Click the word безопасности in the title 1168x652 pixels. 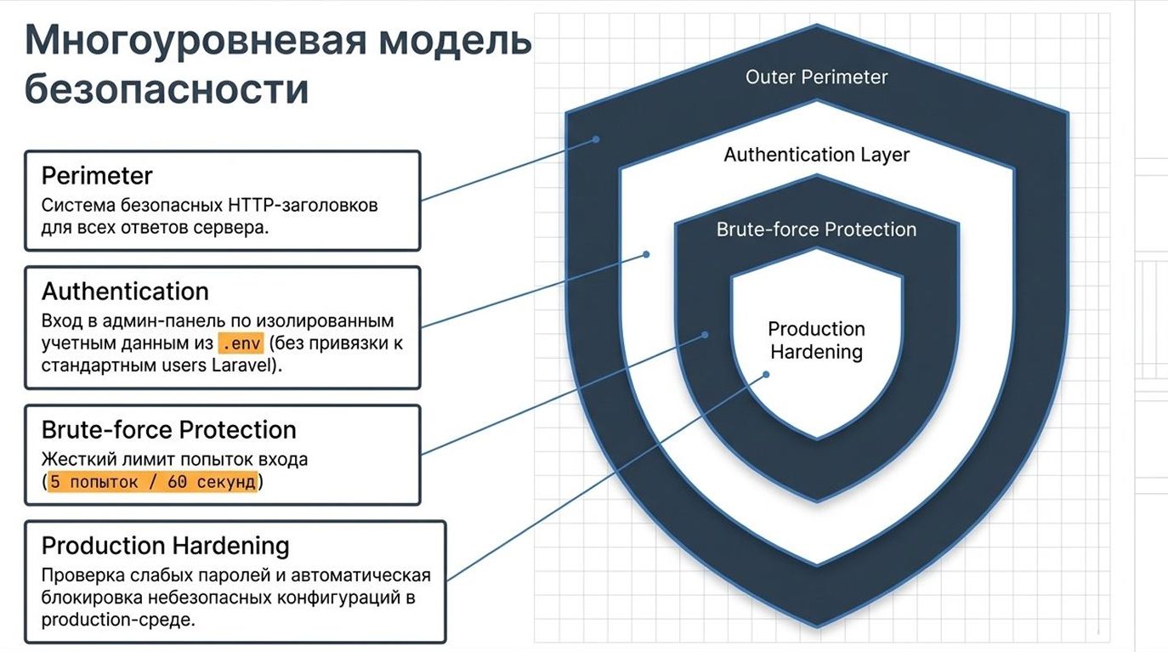(x=167, y=89)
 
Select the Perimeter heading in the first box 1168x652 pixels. (x=97, y=176)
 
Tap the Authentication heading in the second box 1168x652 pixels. (x=125, y=292)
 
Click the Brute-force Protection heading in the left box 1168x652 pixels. (x=168, y=429)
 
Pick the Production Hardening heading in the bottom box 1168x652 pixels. (x=165, y=545)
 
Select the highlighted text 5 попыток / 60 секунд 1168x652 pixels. (x=153, y=482)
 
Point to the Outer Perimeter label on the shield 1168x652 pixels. (x=816, y=77)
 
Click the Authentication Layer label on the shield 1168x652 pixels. (x=816, y=155)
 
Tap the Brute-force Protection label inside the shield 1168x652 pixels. (x=816, y=230)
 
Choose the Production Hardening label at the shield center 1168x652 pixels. (x=816, y=340)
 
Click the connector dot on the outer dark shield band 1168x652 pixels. (x=597, y=139)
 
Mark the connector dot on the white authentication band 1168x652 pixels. (x=646, y=254)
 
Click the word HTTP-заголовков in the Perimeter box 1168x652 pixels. (x=303, y=206)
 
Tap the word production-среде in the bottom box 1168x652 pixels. (x=118, y=620)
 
